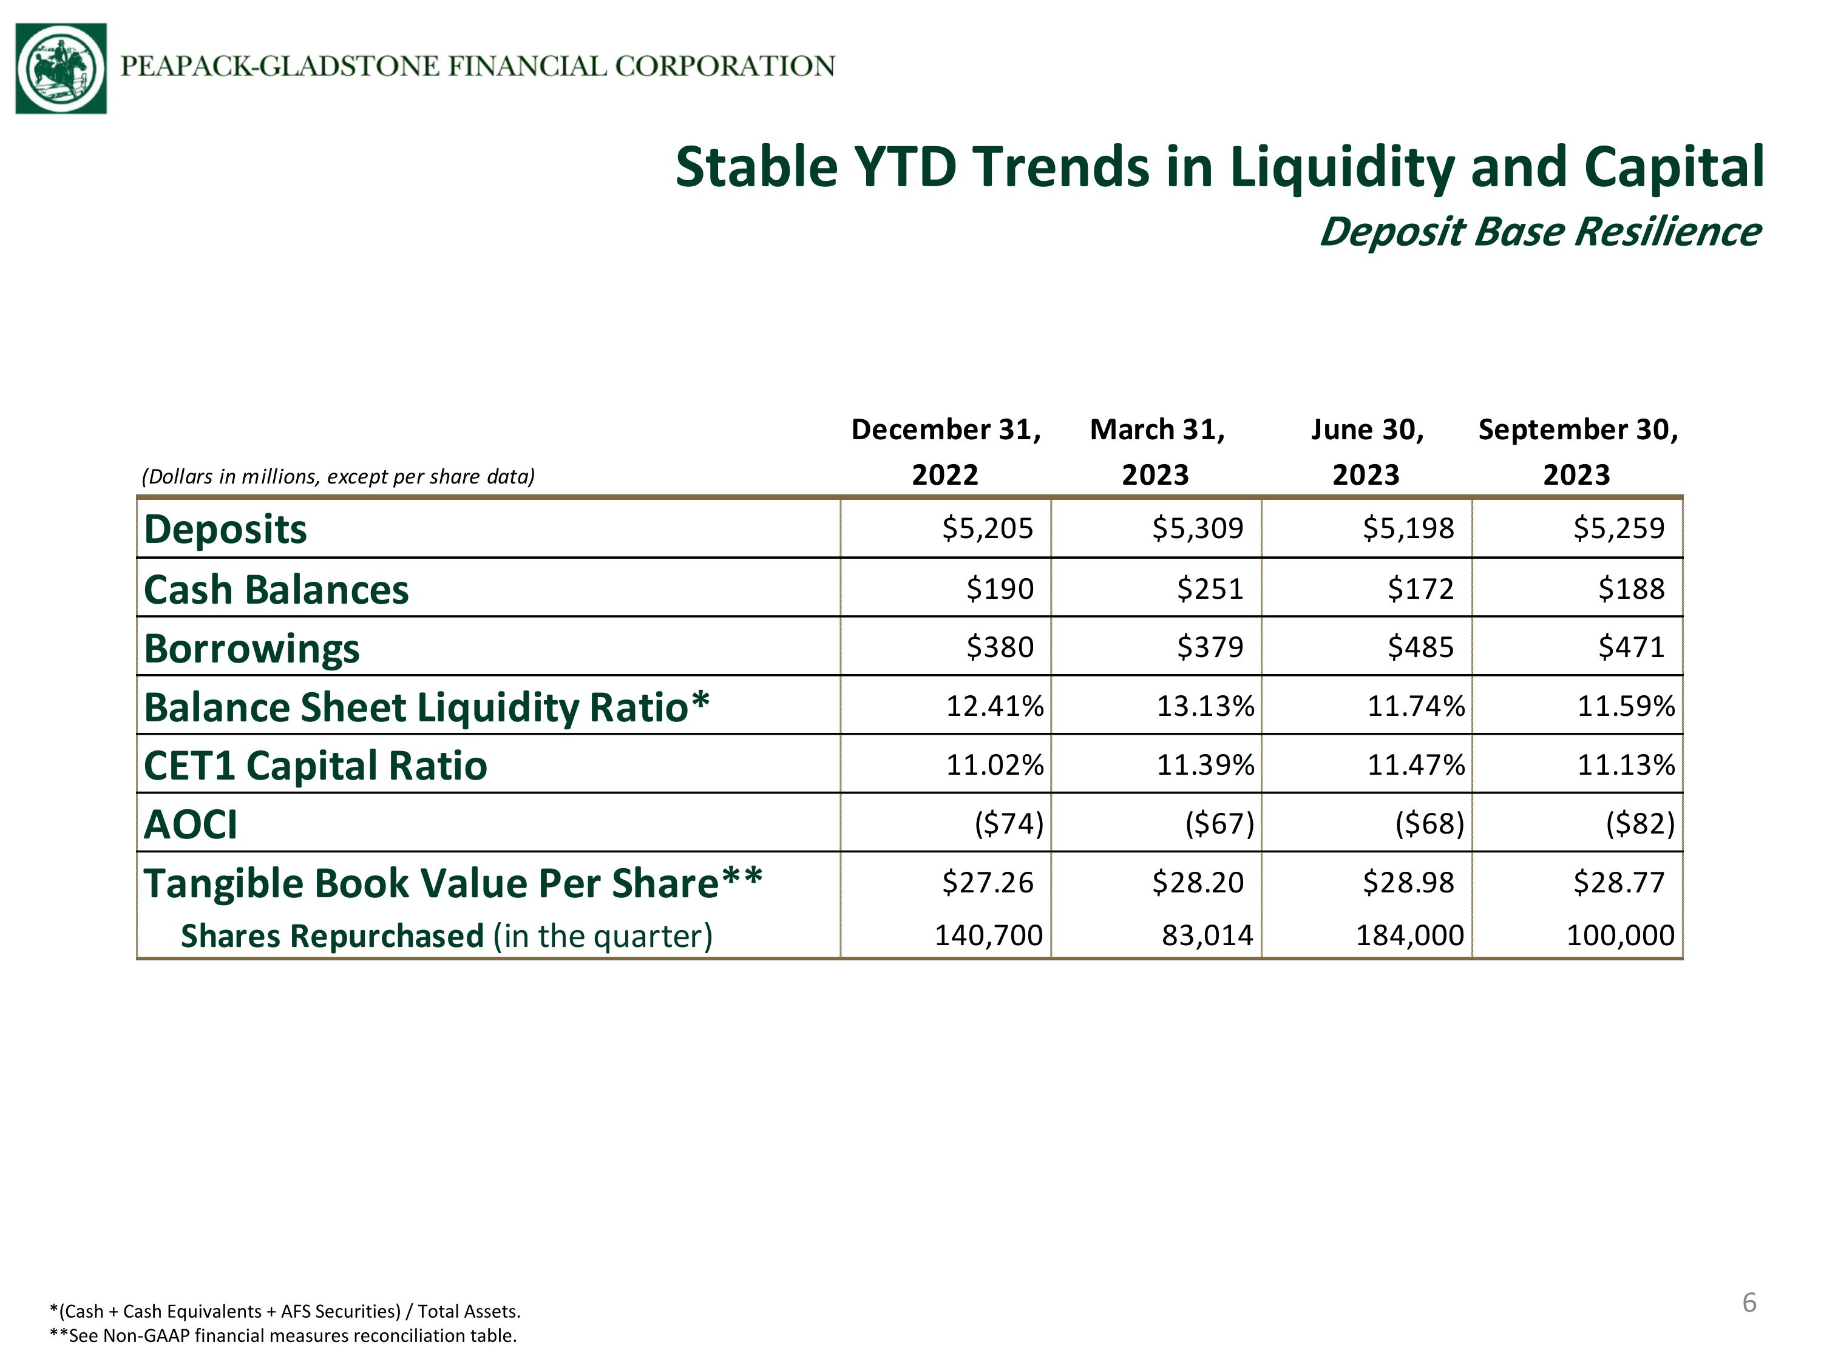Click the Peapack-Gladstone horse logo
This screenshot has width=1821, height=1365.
point(61,69)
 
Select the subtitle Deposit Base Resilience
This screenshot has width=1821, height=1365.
point(1539,232)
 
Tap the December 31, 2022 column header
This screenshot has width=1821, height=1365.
point(946,452)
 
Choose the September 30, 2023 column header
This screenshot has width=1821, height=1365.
point(1578,452)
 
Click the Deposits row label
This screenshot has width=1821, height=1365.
point(225,529)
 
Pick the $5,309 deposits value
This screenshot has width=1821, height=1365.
point(1197,528)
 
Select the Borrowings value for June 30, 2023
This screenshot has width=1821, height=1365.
point(1420,647)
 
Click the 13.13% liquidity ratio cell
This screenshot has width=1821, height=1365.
point(1206,706)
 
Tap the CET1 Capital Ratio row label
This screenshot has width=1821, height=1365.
point(315,766)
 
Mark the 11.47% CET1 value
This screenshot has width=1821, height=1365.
point(1416,765)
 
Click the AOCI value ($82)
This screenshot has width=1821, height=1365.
point(1640,824)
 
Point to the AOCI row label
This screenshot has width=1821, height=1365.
point(190,824)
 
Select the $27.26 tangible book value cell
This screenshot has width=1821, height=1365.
point(987,883)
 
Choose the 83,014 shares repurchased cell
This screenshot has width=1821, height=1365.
point(1207,935)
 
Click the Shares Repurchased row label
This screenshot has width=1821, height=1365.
point(446,936)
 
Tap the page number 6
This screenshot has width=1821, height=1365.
point(1749,1303)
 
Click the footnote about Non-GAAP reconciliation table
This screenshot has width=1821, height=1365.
point(283,1335)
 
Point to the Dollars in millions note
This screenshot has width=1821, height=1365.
point(338,476)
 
